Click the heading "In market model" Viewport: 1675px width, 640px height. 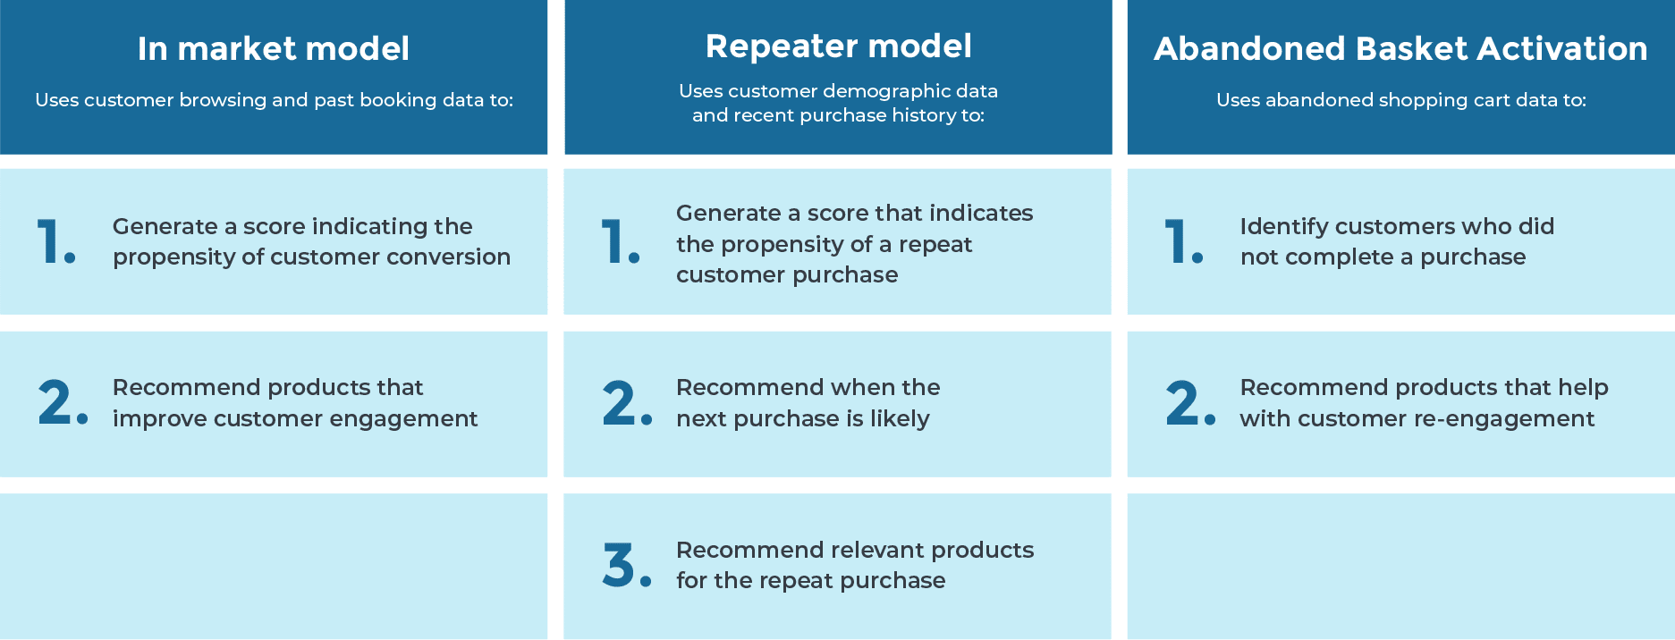point(274,48)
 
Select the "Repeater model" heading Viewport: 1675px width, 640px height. point(838,46)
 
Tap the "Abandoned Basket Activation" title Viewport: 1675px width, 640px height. point(1400,48)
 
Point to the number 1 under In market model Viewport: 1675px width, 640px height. point(50,241)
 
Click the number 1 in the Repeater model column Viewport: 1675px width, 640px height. point(613,241)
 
